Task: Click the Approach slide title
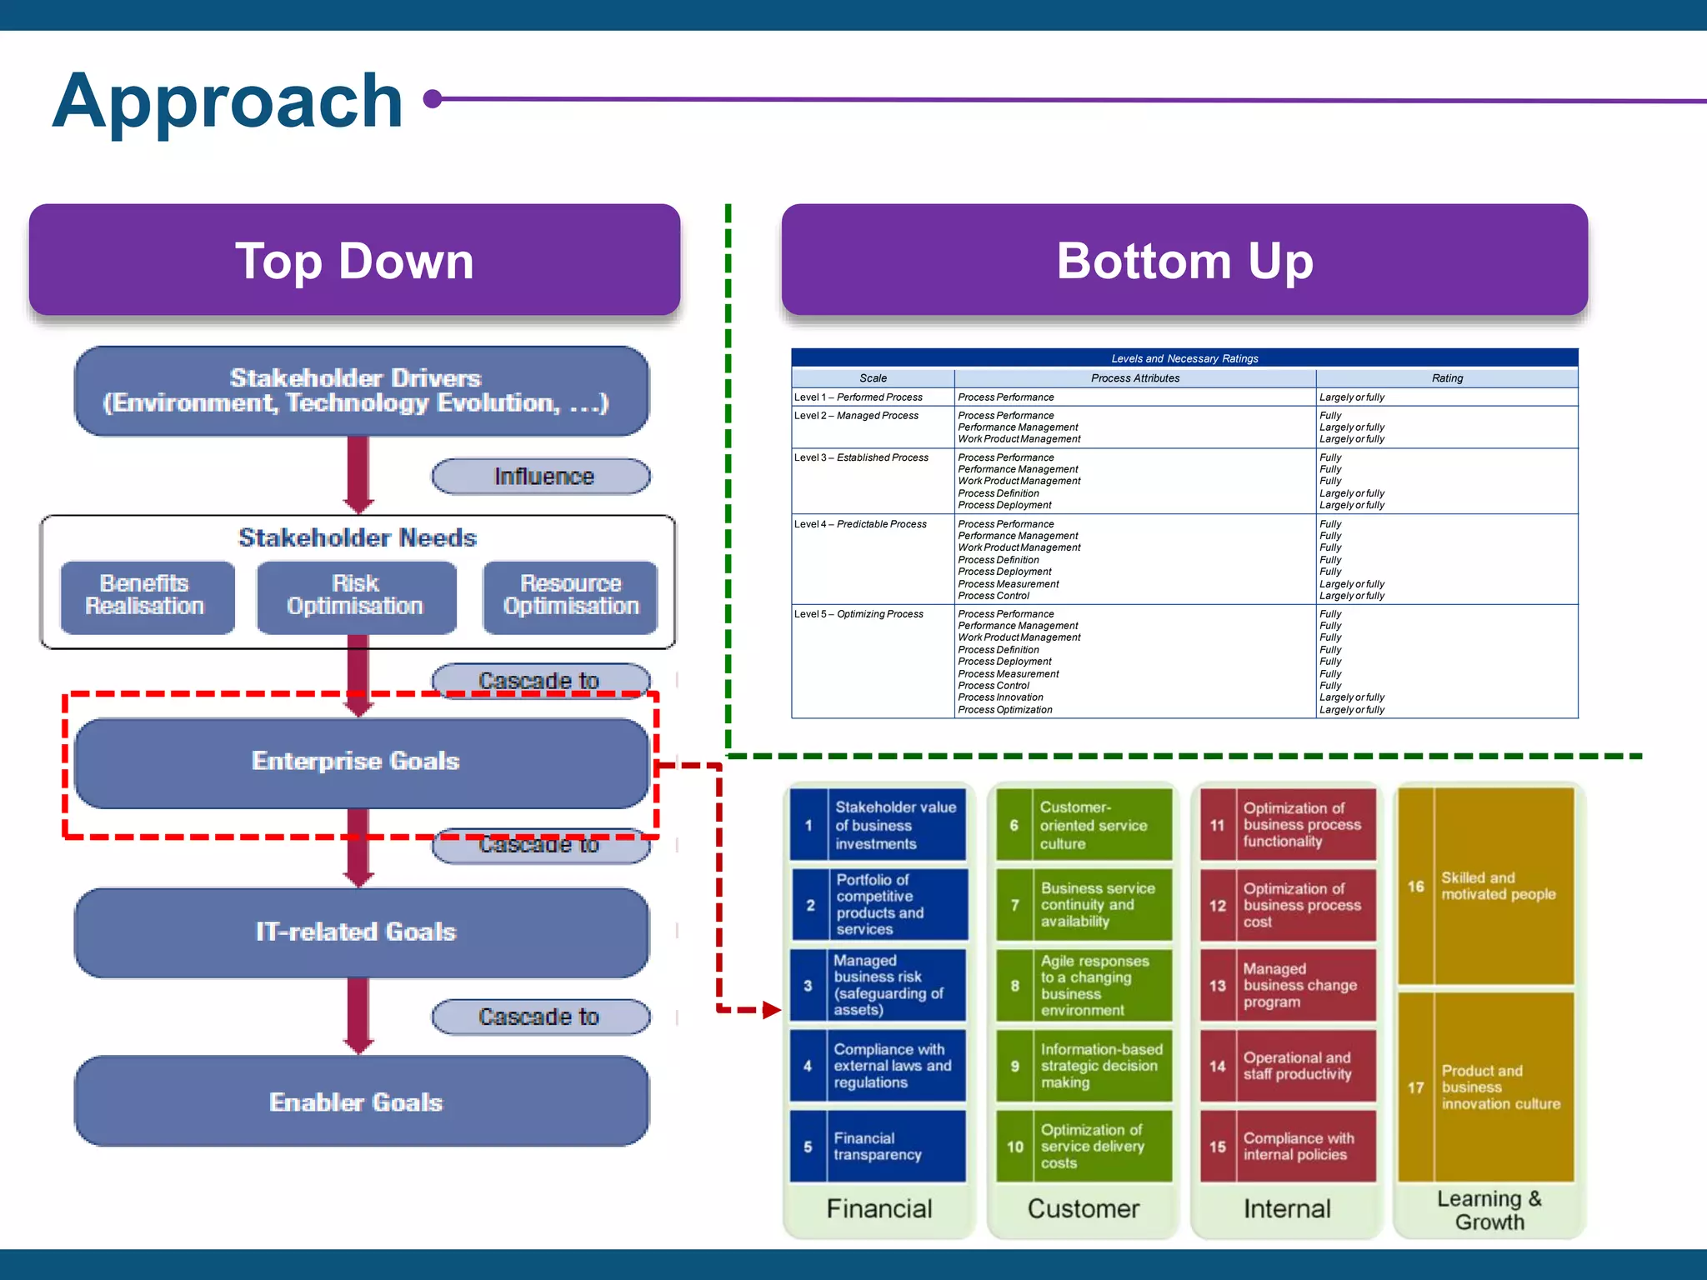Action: point(228,102)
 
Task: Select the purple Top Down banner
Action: point(354,260)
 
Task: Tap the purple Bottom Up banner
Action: point(1184,260)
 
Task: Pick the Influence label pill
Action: point(541,476)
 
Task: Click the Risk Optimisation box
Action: point(356,596)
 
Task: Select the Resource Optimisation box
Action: point(570,596)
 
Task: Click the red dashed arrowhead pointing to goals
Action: point(771,1010)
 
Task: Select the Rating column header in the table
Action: point(1446,378)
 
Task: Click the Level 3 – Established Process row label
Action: point(861,457)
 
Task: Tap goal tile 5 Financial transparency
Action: point(879,1146)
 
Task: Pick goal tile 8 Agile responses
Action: point(1084,985)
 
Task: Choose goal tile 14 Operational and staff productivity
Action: point(1288,1066)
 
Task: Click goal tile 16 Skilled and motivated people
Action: point(1486,886)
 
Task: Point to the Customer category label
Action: point(1083,1208)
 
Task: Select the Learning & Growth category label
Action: point(1489,1210)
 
